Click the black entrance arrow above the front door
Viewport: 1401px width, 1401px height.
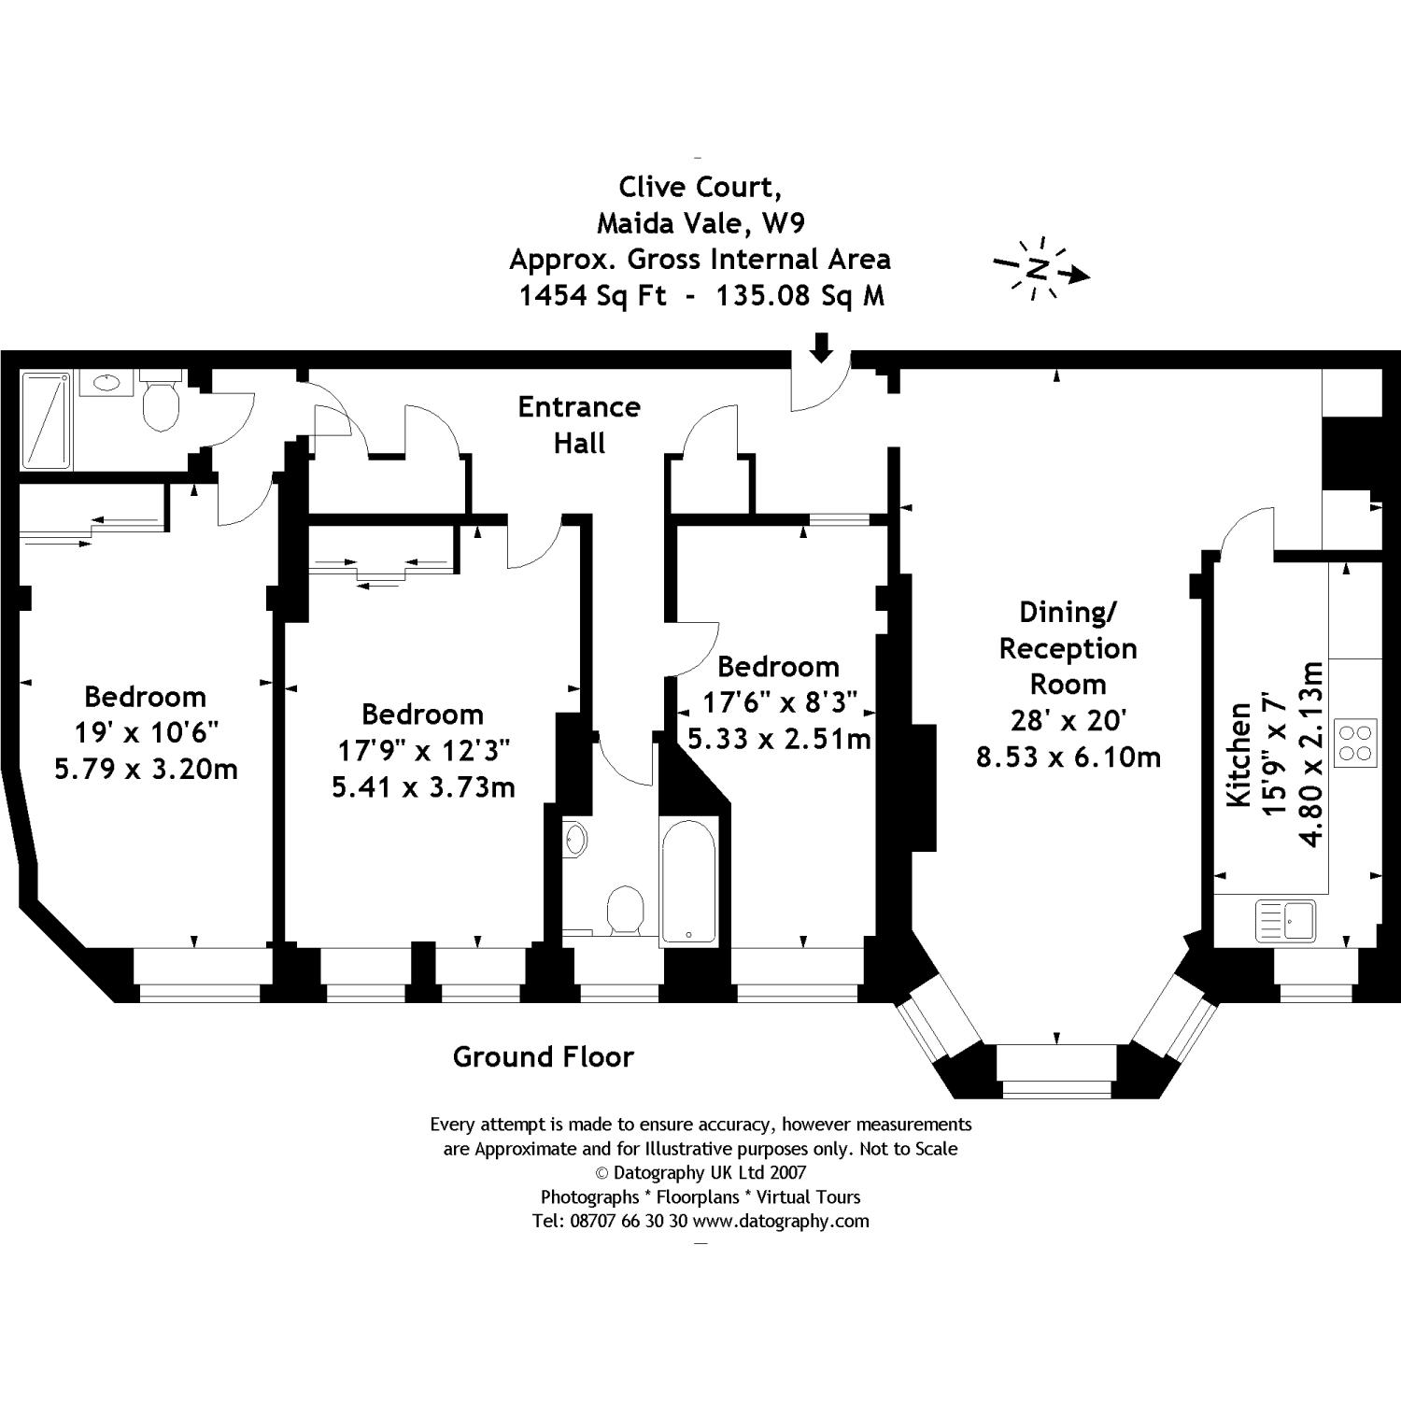click(x=820, y=347)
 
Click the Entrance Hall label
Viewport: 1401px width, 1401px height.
click(x=579, y=425)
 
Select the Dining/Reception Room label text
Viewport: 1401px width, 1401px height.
click(x=1068, y=648)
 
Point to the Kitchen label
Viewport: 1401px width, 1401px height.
click(x=1238, y=755)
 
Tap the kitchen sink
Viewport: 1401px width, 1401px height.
click(x=1285, y=920)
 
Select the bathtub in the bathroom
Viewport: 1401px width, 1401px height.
click(x=688, y=881)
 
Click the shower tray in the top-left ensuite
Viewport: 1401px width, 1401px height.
click(x=46, y=420)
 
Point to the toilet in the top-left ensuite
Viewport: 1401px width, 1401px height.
click(x=161, y=402)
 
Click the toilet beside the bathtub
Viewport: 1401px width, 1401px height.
click(x=625, y=909)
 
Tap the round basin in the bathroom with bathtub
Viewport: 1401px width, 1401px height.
click(x=576, y=839)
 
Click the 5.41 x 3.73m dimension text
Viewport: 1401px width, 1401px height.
click(x=423, y=787)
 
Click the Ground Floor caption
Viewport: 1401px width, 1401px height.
click(x=543, y=1056)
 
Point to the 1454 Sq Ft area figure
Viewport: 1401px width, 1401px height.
click(x=592, y=296)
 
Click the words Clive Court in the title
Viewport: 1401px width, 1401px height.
click(x=700, y=187)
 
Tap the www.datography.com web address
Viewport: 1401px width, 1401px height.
click(x=781, y=1221)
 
